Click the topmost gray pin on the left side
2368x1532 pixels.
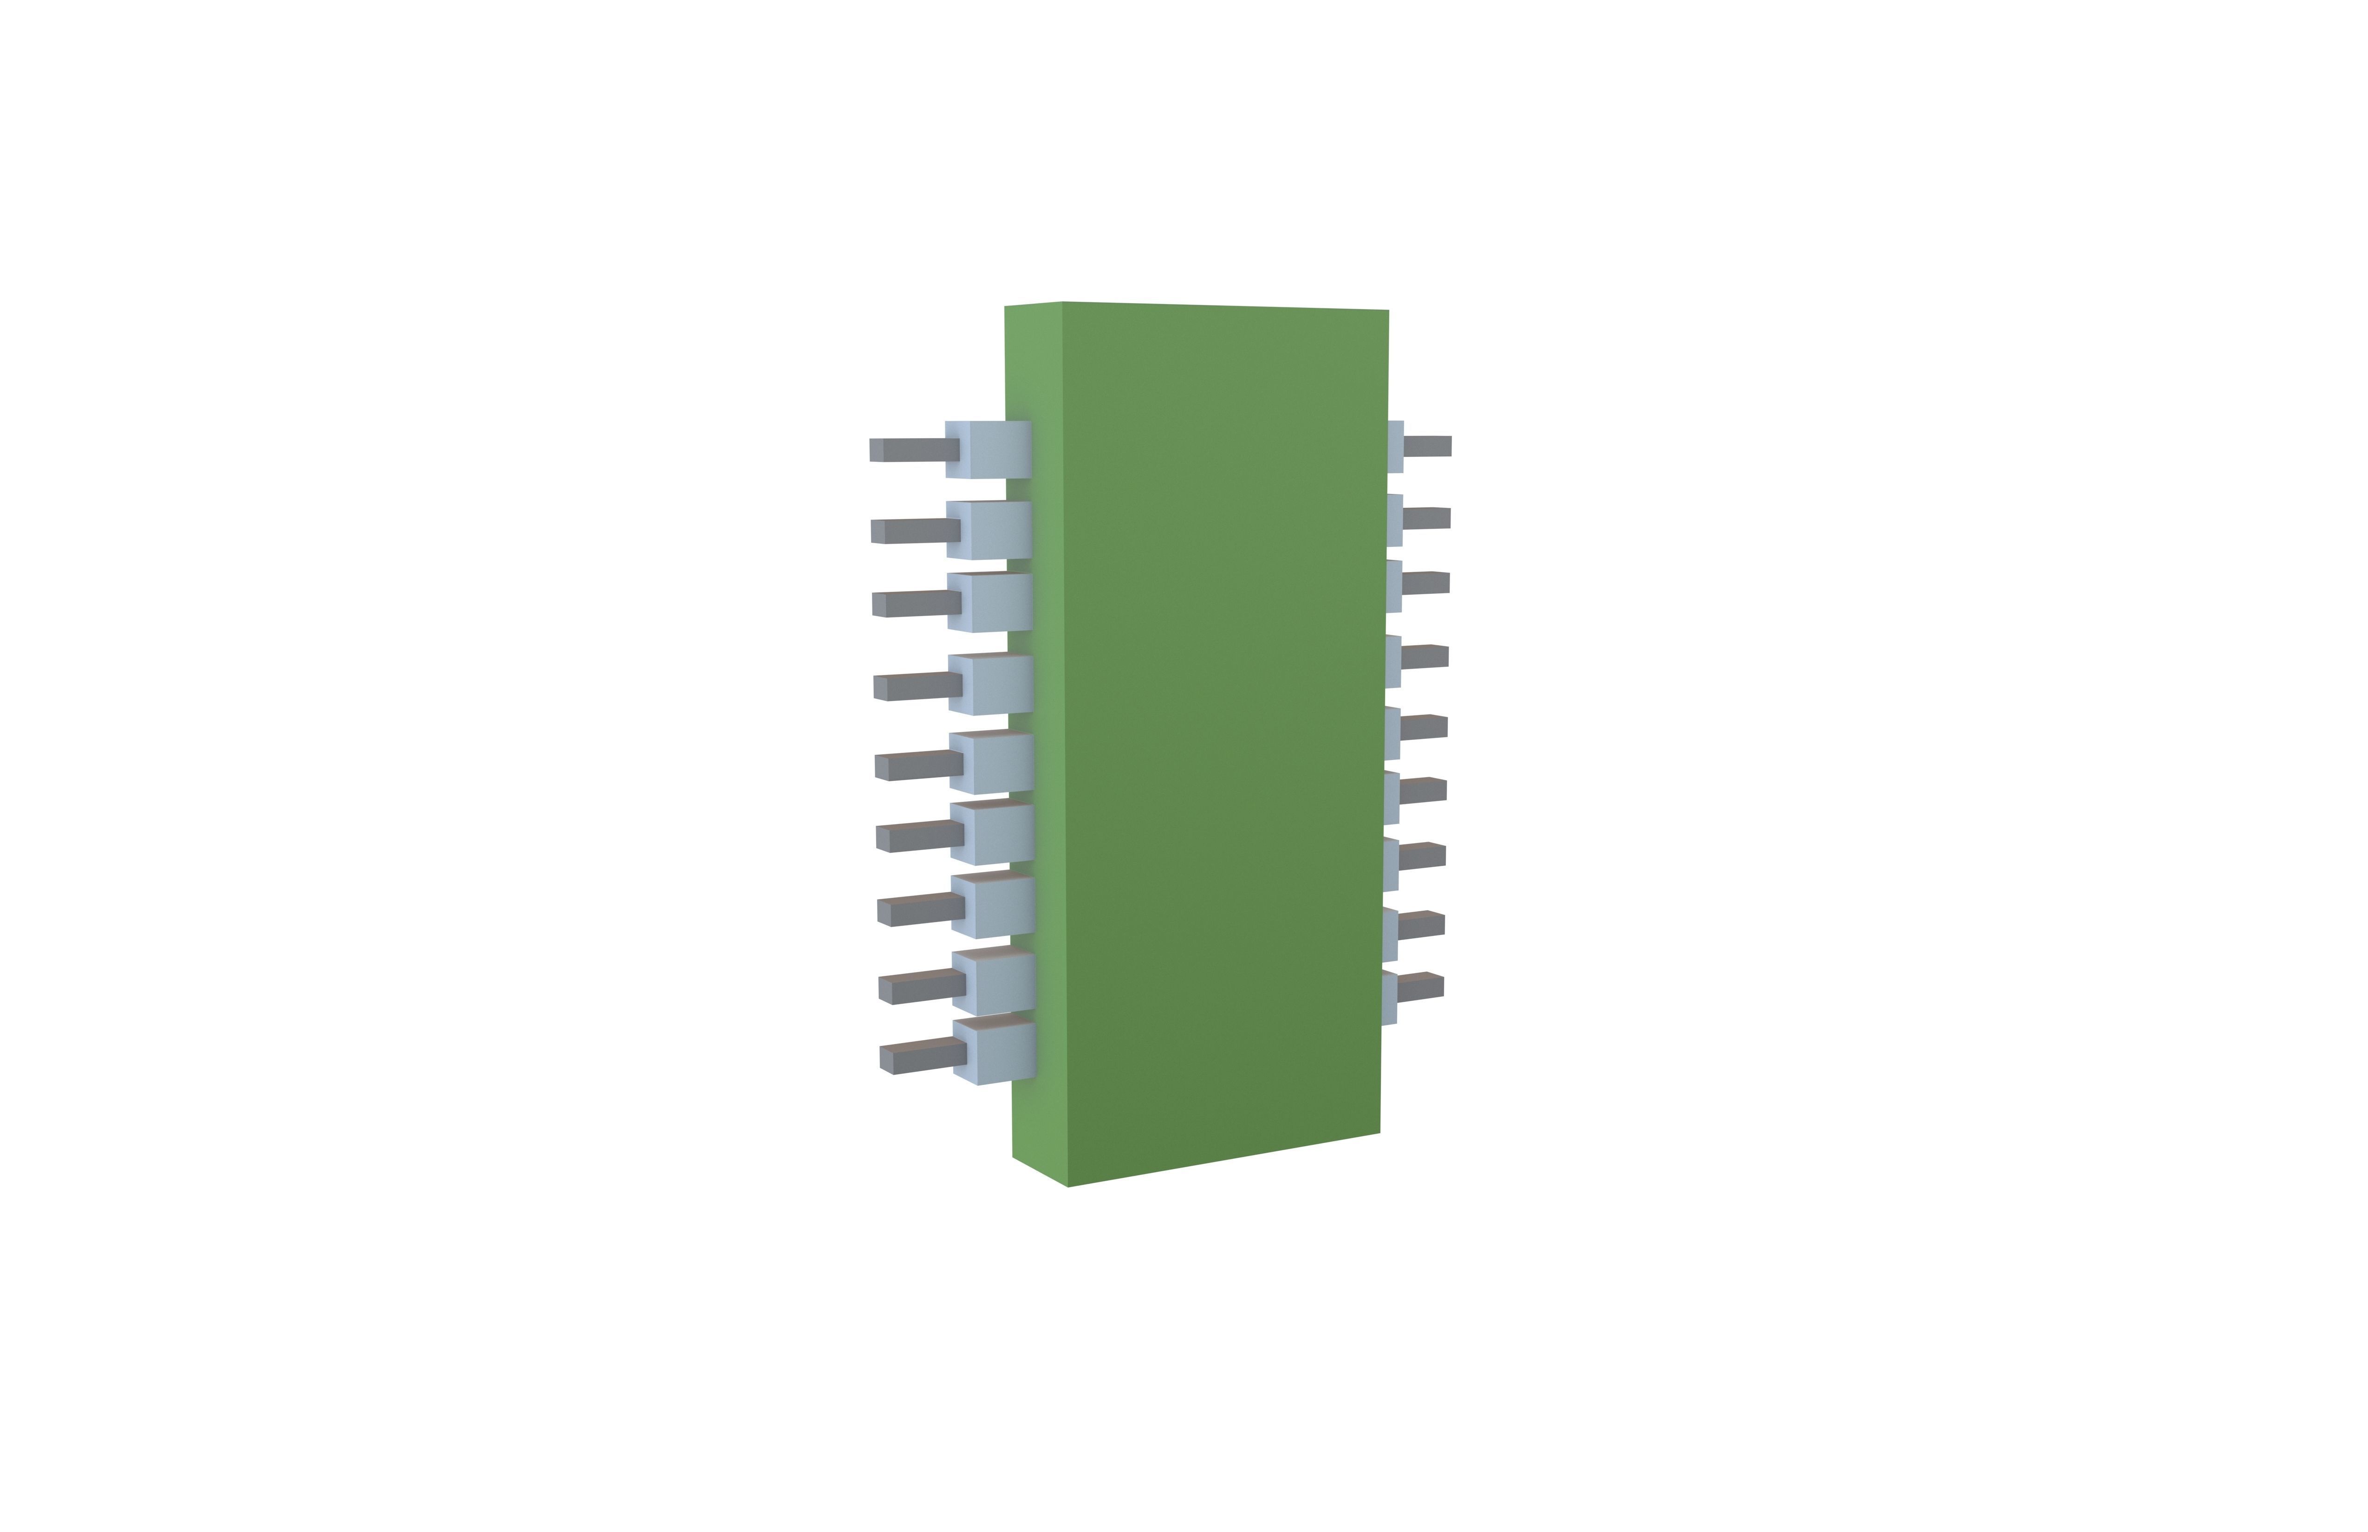[913, 450]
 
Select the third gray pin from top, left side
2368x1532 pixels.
[915, 604]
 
